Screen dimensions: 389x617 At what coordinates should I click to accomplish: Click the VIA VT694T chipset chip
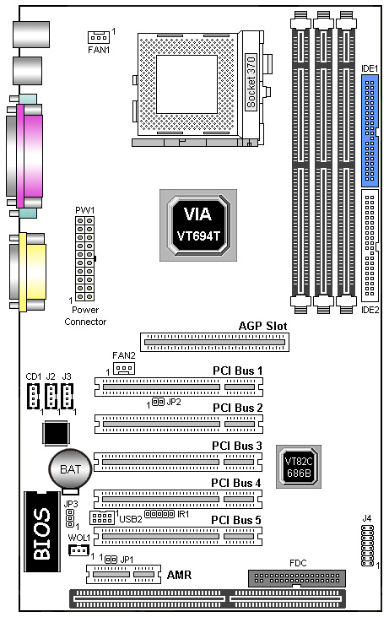tap(198, 225)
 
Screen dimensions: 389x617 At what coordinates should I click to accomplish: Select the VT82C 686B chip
tap(299, 467)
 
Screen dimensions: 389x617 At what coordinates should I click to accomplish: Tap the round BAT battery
tap(70, 469)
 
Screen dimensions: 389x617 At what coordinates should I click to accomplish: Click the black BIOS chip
tap(42, 531)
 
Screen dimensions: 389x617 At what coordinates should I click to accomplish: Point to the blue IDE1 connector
tap(370, 131)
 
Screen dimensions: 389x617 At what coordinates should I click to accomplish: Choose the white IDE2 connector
tap(370, 246)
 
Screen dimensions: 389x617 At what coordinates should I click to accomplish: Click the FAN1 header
tap(98, 37)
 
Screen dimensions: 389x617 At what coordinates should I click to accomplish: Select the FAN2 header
tap(124, 368)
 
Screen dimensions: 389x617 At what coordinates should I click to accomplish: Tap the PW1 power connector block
tap(85, 258)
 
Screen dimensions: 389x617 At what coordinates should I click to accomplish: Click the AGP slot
tap(215, 343)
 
